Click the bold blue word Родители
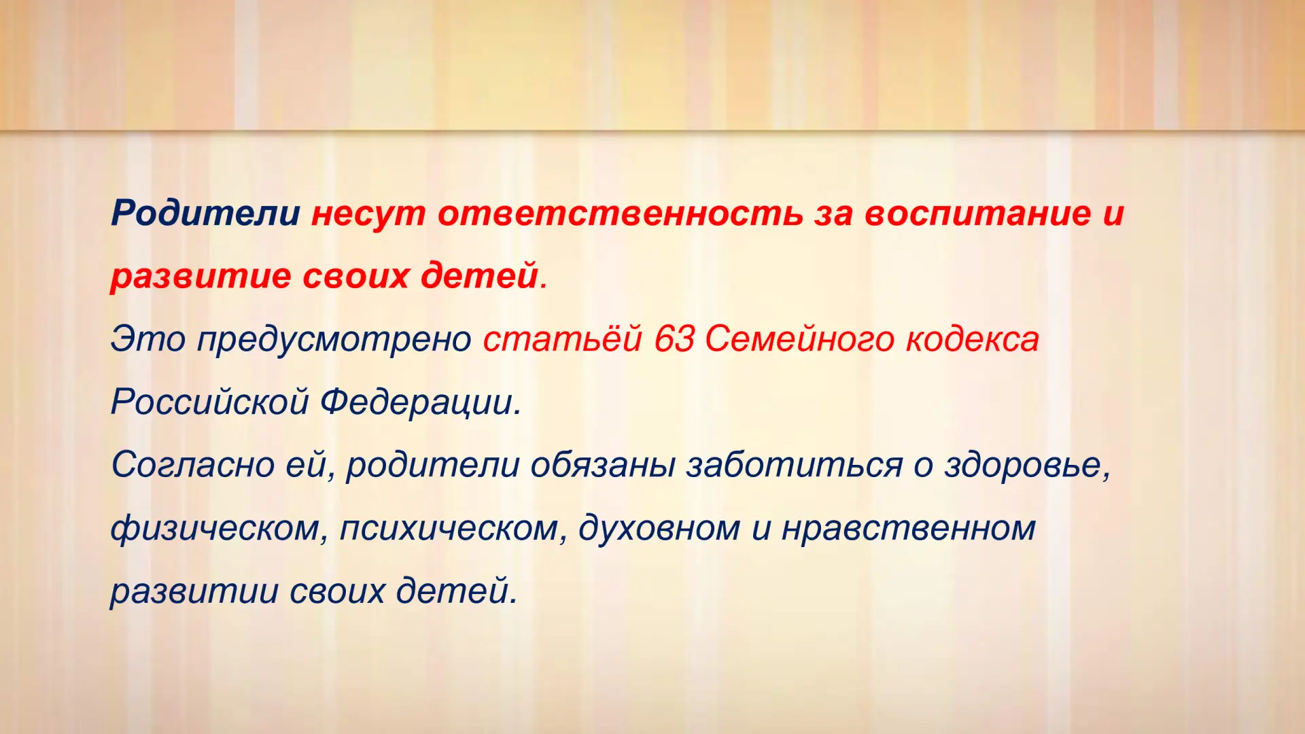(x=205, y=213)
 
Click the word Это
(x=147, y=339)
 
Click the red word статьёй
(x=562, y=339)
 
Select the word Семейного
(x=799, y=339)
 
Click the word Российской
(x=210, y=402)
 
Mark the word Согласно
(x=192, y=466)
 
